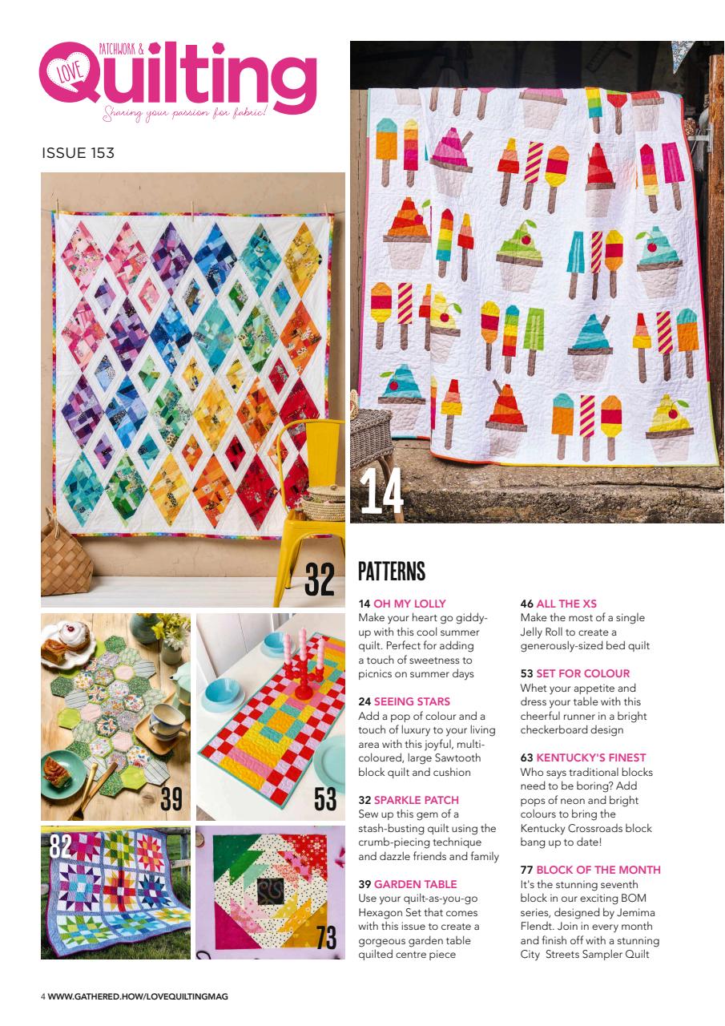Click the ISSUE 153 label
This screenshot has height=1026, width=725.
tap(78, 153)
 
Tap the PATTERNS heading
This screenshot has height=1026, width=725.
tap(391, 572)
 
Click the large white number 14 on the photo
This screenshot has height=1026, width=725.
tap(381, 491)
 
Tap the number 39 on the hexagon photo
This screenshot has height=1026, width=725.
tap(171, 799)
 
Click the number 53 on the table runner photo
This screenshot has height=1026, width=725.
tap(325, 799)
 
